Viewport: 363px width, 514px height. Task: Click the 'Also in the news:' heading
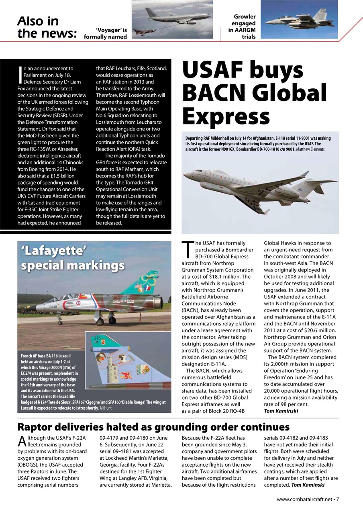[x=47, y=27]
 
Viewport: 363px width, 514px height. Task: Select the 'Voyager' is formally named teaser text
[x=106, y=33]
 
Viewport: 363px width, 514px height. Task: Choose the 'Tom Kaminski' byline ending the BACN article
[x=281, y=411]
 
